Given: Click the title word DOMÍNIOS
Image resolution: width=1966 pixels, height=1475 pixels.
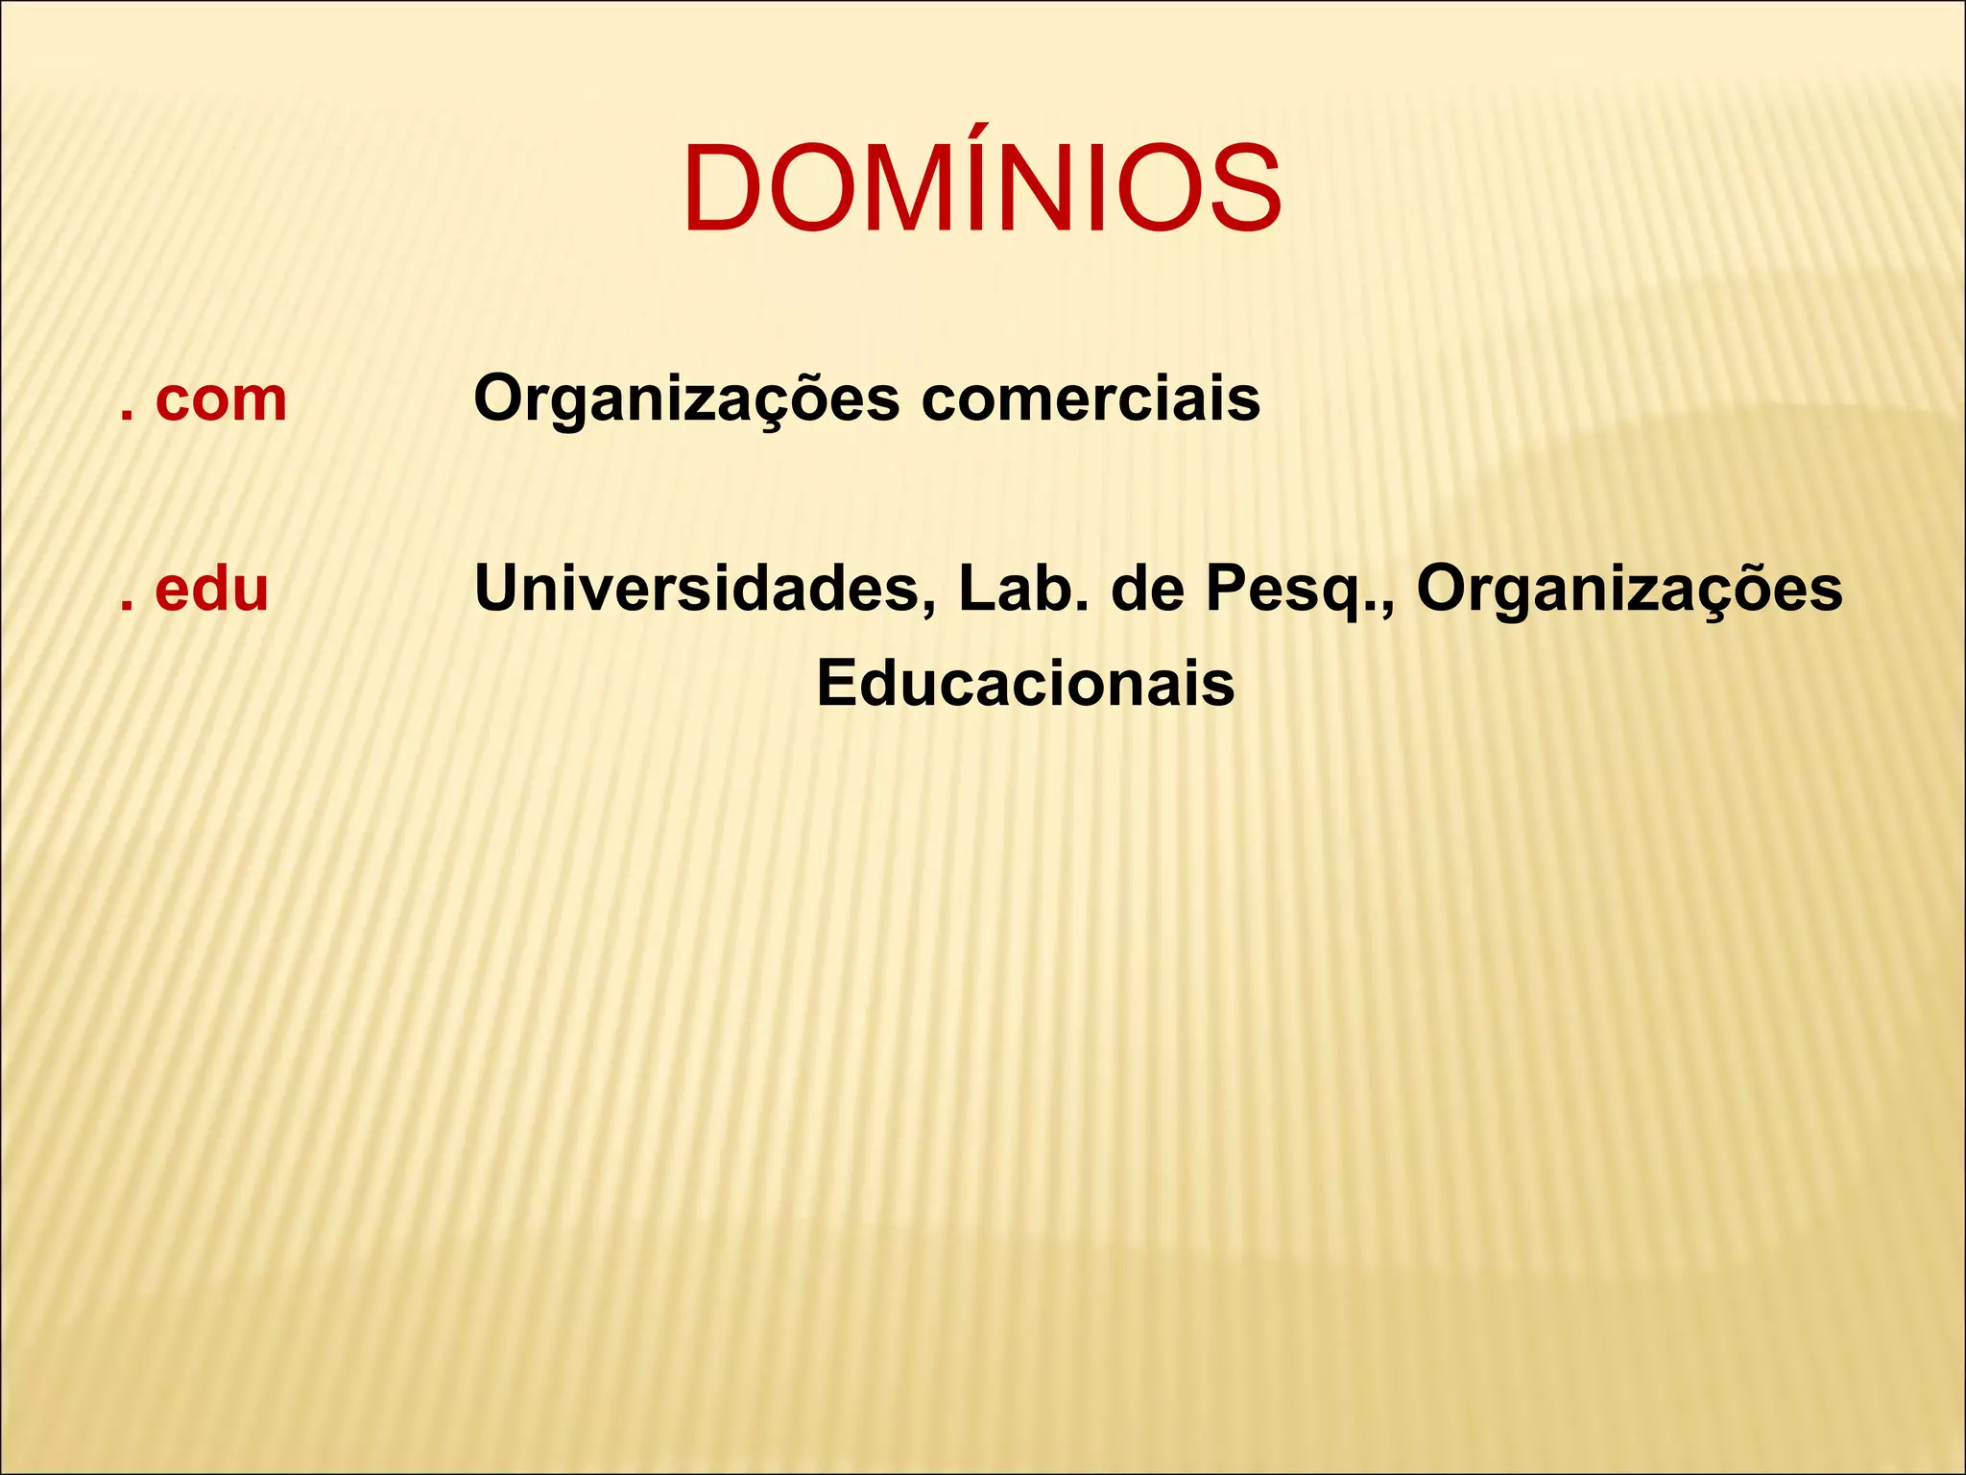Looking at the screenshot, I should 982,187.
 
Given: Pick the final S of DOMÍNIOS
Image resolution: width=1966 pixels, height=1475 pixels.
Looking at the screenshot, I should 1239,187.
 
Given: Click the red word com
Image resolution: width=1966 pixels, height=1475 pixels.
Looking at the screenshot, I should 221,399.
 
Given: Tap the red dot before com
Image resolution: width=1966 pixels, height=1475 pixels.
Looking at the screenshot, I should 126,418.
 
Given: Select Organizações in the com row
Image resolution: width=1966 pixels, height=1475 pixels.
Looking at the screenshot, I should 686,399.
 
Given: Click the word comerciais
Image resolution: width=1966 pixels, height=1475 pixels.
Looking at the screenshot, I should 1091,399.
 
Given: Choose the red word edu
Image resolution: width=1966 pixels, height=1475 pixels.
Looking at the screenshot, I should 211,589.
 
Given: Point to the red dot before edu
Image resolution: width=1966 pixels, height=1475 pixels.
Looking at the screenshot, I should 126,607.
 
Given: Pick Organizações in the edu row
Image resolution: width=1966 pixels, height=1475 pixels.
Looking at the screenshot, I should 1629,591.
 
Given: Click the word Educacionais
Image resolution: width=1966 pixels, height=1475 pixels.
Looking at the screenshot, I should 1025,684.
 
